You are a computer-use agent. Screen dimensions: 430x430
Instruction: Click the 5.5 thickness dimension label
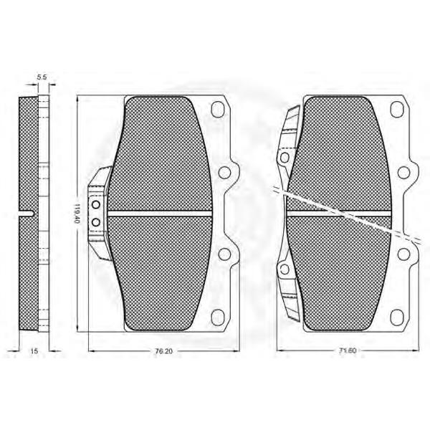(42, 77)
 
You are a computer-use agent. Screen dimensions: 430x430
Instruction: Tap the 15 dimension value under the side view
(34, 351)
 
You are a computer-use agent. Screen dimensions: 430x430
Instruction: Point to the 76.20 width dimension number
(164, 351)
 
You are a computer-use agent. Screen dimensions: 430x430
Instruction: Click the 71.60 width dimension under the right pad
(347, 350)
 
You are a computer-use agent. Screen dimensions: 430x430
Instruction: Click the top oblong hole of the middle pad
(218, 110)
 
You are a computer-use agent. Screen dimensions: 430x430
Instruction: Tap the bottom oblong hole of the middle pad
(218, 317)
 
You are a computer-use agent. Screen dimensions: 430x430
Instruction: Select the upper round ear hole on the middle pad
(224, 173)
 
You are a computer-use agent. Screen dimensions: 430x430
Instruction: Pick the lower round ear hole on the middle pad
(224, 254)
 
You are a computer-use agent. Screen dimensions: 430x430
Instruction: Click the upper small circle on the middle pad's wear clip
(96, 204)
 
